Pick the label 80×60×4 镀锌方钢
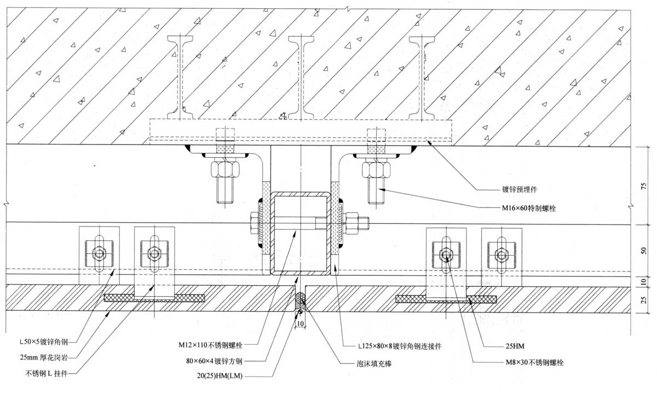(214, 361)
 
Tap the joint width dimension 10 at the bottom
(299, 323)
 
